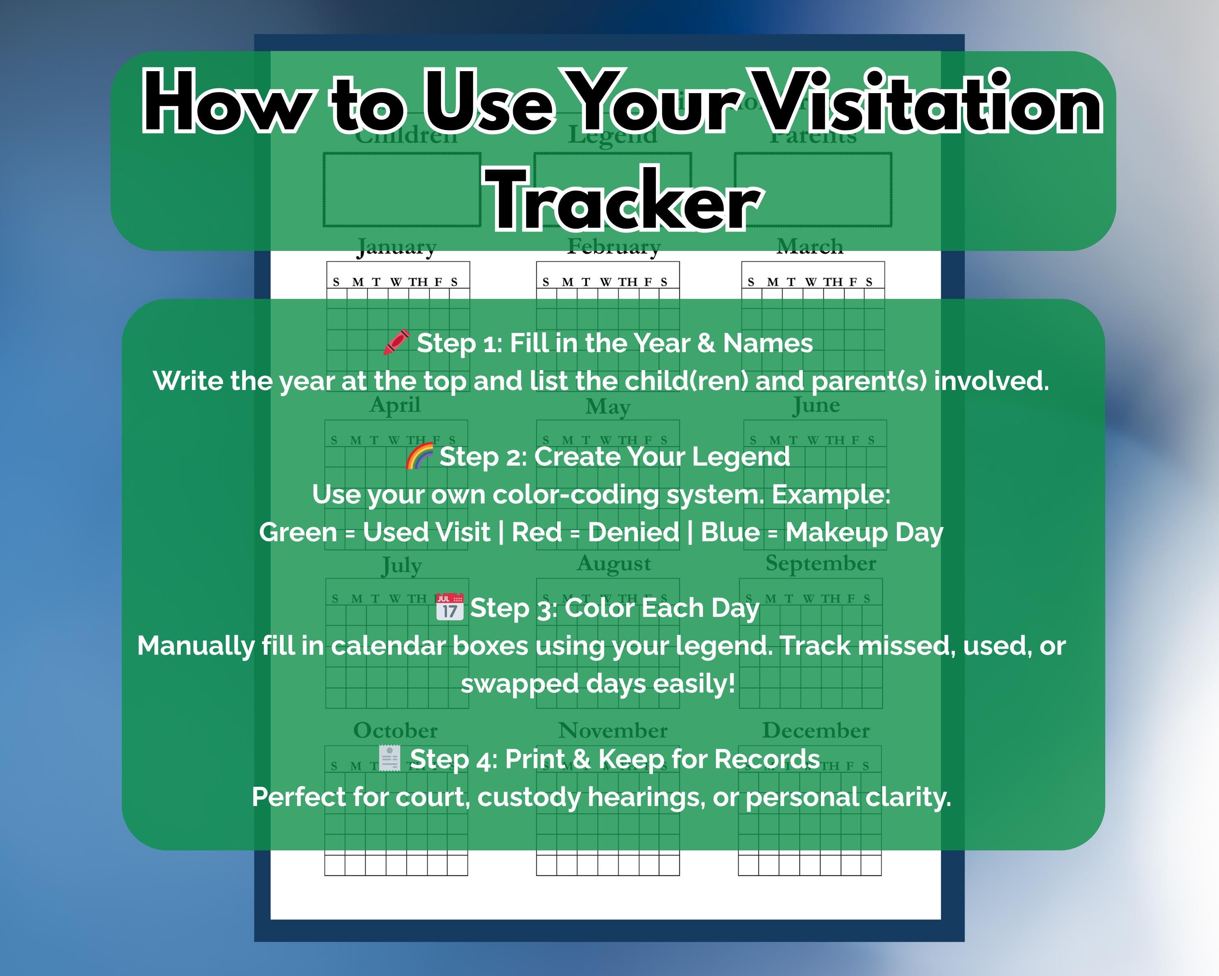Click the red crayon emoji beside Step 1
tap(396, 343)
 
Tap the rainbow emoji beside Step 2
tap(419, 456)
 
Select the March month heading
tap(810, 247)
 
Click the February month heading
tap(614, 247)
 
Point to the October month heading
tap(395, 730)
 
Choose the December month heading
tap(815, 730)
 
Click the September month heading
tap(820, 564)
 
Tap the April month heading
tap(395, 405)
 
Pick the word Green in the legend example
tap(298, 532)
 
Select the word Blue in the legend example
tap(730, 532)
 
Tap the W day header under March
tap(810, 282)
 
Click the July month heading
tap(401, 565)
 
